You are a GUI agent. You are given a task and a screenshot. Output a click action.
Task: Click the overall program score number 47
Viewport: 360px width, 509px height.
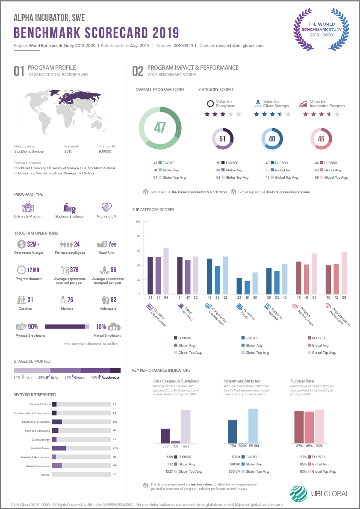(x=160, y=127)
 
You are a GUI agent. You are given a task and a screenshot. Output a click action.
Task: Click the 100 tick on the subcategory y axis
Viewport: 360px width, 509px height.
(x=138, y=221)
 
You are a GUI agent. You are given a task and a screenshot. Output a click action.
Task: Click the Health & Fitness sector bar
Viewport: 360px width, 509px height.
(x=59, y=448)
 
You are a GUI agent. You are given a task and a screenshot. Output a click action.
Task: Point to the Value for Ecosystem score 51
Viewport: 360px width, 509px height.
(x=222, y=138)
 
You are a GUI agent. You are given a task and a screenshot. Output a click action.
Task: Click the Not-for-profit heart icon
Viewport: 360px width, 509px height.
(x=106, y=208)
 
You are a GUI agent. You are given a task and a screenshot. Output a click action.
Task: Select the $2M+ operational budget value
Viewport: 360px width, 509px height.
(x=33, y=244)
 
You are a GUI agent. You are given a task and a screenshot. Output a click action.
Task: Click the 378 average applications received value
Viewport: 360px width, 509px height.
(x=74, y=270)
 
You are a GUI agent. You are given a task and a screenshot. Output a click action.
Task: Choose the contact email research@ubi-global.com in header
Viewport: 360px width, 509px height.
(x=239, y=45)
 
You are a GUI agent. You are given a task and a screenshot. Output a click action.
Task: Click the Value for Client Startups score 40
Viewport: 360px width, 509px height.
(x=272, y=138)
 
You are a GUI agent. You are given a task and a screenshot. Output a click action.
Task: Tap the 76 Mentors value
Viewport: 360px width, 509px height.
(x=70, y=300)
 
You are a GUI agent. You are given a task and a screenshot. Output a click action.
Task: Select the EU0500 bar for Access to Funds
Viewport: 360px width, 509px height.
(x=239, y=286)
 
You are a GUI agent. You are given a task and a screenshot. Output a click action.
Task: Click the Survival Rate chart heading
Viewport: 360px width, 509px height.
(x=303, y=381)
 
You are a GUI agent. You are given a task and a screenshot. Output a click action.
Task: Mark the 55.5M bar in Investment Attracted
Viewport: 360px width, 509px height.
(x=253, y=426)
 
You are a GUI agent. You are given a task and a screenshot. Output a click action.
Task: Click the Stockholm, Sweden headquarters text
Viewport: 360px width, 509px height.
(x=29, y=151)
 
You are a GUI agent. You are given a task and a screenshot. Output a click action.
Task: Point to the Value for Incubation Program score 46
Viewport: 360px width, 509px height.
(x=321, y=138)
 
